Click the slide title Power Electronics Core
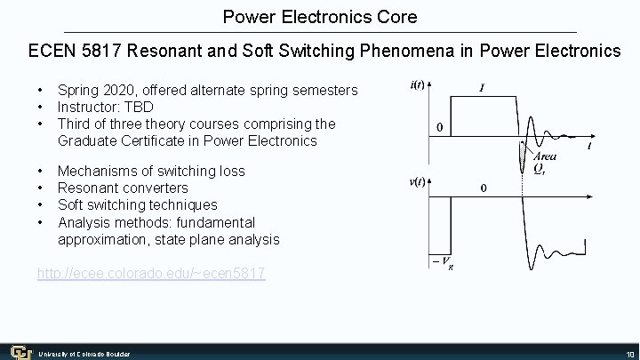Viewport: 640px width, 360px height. point(320,17)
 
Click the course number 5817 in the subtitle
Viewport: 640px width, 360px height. point(105,51)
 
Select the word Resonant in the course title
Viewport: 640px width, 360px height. point(164,51)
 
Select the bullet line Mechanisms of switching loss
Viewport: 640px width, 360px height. point(150,171)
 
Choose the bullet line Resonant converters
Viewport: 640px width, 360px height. point(123,188)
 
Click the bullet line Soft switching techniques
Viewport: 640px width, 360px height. point(137,204)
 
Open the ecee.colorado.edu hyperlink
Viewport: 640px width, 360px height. point(150,274)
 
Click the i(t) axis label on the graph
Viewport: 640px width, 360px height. point(417,86)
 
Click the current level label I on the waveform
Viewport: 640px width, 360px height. point(482,88)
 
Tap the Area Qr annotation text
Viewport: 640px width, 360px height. point(544,163)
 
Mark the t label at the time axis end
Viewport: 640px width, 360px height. point(590,146)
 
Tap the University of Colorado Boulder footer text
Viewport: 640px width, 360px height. point(84,354)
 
